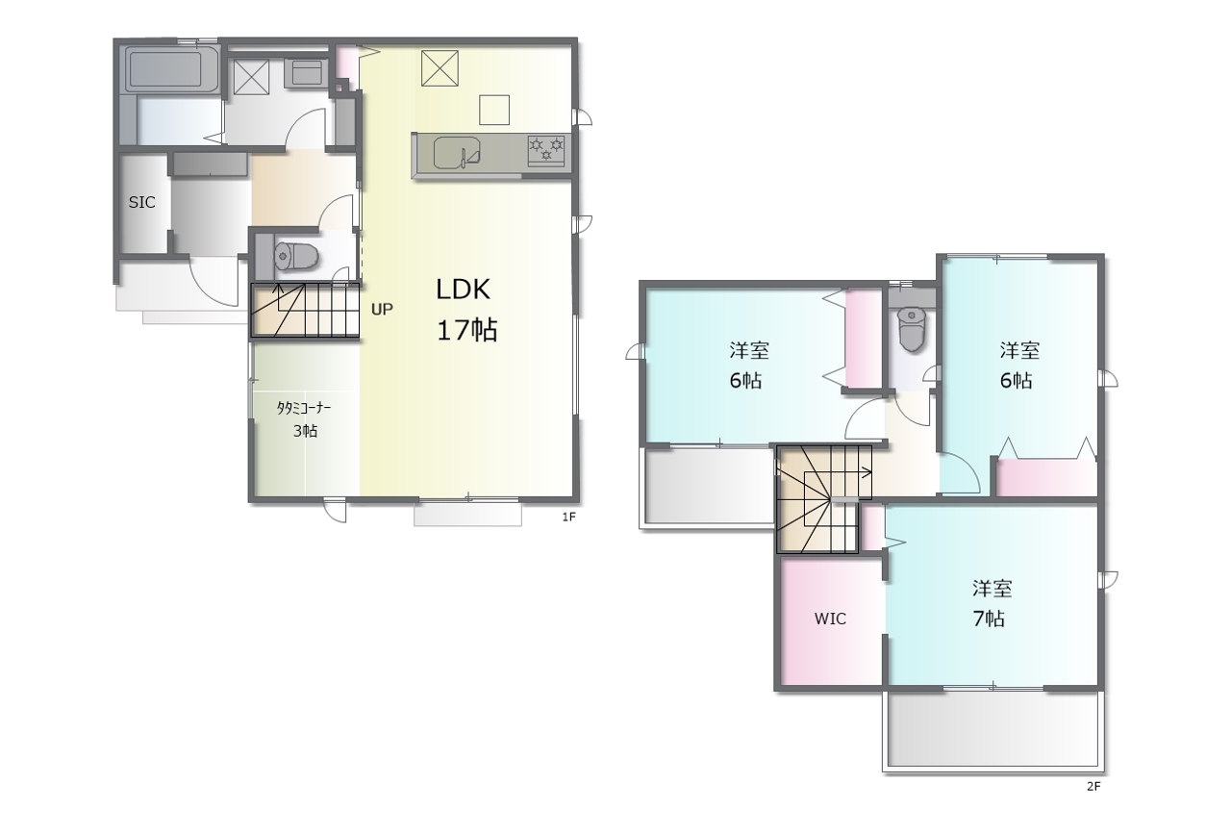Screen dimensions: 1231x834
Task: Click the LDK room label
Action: pos(463,290)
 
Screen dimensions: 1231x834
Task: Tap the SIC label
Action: pos(141,202)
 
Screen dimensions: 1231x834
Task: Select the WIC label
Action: pos(830,619)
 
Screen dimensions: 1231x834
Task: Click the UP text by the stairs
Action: pos(382,310)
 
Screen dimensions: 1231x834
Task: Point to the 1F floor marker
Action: pos(568,517)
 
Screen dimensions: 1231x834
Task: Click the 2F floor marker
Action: pos(1093,786)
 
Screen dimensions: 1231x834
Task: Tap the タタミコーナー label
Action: pos(303,408)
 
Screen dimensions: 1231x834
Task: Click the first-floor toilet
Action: pos(296,256)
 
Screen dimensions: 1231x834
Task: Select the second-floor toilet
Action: pos(912,329)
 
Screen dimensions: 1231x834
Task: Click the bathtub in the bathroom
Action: pos(170,68)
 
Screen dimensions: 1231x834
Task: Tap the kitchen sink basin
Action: pos(457,153)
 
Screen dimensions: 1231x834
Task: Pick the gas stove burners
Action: pos(546,150)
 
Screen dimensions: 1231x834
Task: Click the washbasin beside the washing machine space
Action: pos(306,72)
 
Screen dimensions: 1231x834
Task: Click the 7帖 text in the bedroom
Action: pos(989,619)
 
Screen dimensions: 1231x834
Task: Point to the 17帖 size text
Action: pos(467,330)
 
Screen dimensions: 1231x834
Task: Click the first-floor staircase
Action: pos(305,310)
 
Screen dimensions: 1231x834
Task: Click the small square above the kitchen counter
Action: pos(494,110)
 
